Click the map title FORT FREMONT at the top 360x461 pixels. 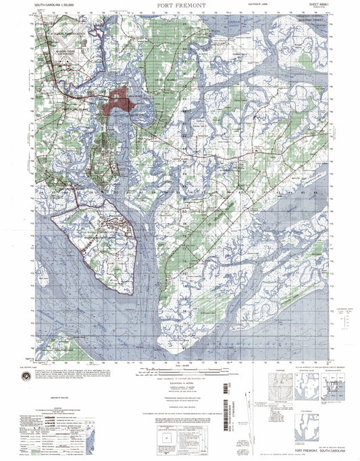click(180, 9)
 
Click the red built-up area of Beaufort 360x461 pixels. click(119, 102)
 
